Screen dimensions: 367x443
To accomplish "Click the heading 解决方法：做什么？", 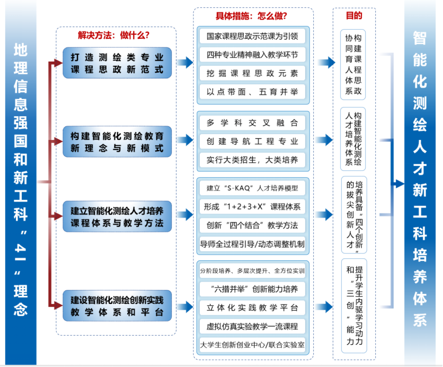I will point(113,36).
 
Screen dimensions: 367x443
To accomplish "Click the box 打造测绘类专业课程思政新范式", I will point(117,63).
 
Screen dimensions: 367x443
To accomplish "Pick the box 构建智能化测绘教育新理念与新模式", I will point(117,142).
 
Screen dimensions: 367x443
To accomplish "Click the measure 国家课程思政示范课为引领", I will point(252,37).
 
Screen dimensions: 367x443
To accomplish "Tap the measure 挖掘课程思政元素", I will point(252,73).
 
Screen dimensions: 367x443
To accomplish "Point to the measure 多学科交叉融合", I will point(252,123).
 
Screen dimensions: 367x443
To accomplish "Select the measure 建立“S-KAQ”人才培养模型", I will point(252,188).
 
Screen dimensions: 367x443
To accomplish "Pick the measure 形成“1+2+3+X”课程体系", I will point(252,206).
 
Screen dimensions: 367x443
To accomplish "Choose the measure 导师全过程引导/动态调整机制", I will point(252,243).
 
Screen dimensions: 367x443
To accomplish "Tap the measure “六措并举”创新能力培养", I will point(252,289).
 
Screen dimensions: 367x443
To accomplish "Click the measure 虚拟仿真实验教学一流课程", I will point(252,326).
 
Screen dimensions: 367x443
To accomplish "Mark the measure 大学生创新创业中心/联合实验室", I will point(252,344).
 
